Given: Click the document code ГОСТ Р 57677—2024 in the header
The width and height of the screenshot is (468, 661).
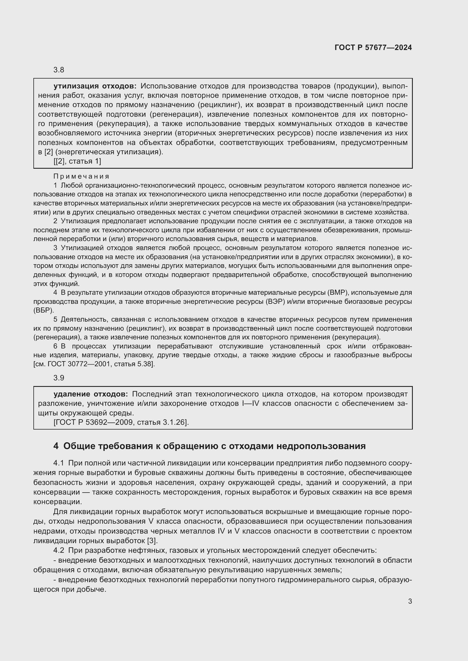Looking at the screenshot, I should click(373, 47).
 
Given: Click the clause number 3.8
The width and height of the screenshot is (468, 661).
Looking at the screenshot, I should click(59, 70).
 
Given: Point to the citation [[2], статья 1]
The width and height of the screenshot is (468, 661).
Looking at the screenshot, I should click(77, 161).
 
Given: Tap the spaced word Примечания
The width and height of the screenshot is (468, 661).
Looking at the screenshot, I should click(81, 176).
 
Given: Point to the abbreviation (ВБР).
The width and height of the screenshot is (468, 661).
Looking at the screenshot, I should click(44, 310).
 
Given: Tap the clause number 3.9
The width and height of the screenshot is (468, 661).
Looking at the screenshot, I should click(59, 378).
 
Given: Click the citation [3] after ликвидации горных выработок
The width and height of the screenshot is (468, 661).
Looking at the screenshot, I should click(152, 540).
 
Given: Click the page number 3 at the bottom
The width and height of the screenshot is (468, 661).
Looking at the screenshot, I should click(410, 601).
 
